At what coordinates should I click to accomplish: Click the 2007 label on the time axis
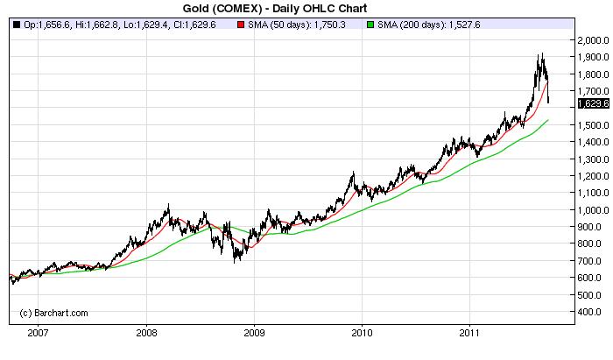[x=38, y=333]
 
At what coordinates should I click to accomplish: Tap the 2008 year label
[x=146, y=333]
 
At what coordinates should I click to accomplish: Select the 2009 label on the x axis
[x=254, y=333]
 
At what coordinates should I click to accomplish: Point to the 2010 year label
[x=363, y=333]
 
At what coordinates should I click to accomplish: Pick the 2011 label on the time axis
[x=471, y=333]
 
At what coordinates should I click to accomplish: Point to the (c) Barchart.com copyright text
[x=54, y=312]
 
